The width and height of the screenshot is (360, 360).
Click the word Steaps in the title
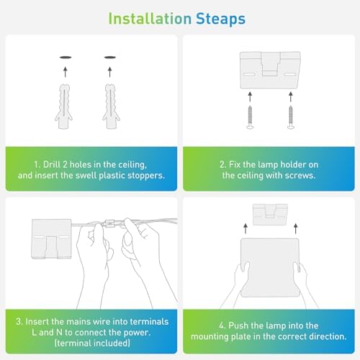[220, 19]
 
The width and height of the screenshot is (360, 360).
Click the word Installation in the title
[150, 19]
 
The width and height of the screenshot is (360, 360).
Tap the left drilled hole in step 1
[66, 58]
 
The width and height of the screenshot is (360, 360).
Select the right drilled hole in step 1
[110, 58]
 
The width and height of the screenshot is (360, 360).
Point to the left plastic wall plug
[64, 107]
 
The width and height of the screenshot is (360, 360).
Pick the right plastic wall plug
[111, 107]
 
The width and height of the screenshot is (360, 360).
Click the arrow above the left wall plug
[66, 72]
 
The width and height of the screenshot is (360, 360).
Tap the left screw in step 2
[250, 117]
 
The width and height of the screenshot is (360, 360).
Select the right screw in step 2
[291, 117]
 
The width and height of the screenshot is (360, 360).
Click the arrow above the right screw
[291, 96]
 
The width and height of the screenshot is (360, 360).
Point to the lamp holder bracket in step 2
[270, 70]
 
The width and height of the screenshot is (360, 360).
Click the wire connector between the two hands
[109, 223]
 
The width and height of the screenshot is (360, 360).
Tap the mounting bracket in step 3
[52, 239]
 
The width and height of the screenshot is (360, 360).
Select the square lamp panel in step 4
[270, 268]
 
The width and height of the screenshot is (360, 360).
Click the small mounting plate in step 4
[270, 215]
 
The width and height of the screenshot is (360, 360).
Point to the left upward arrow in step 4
[246, 228]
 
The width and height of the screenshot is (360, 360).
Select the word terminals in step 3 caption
[149, 322]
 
